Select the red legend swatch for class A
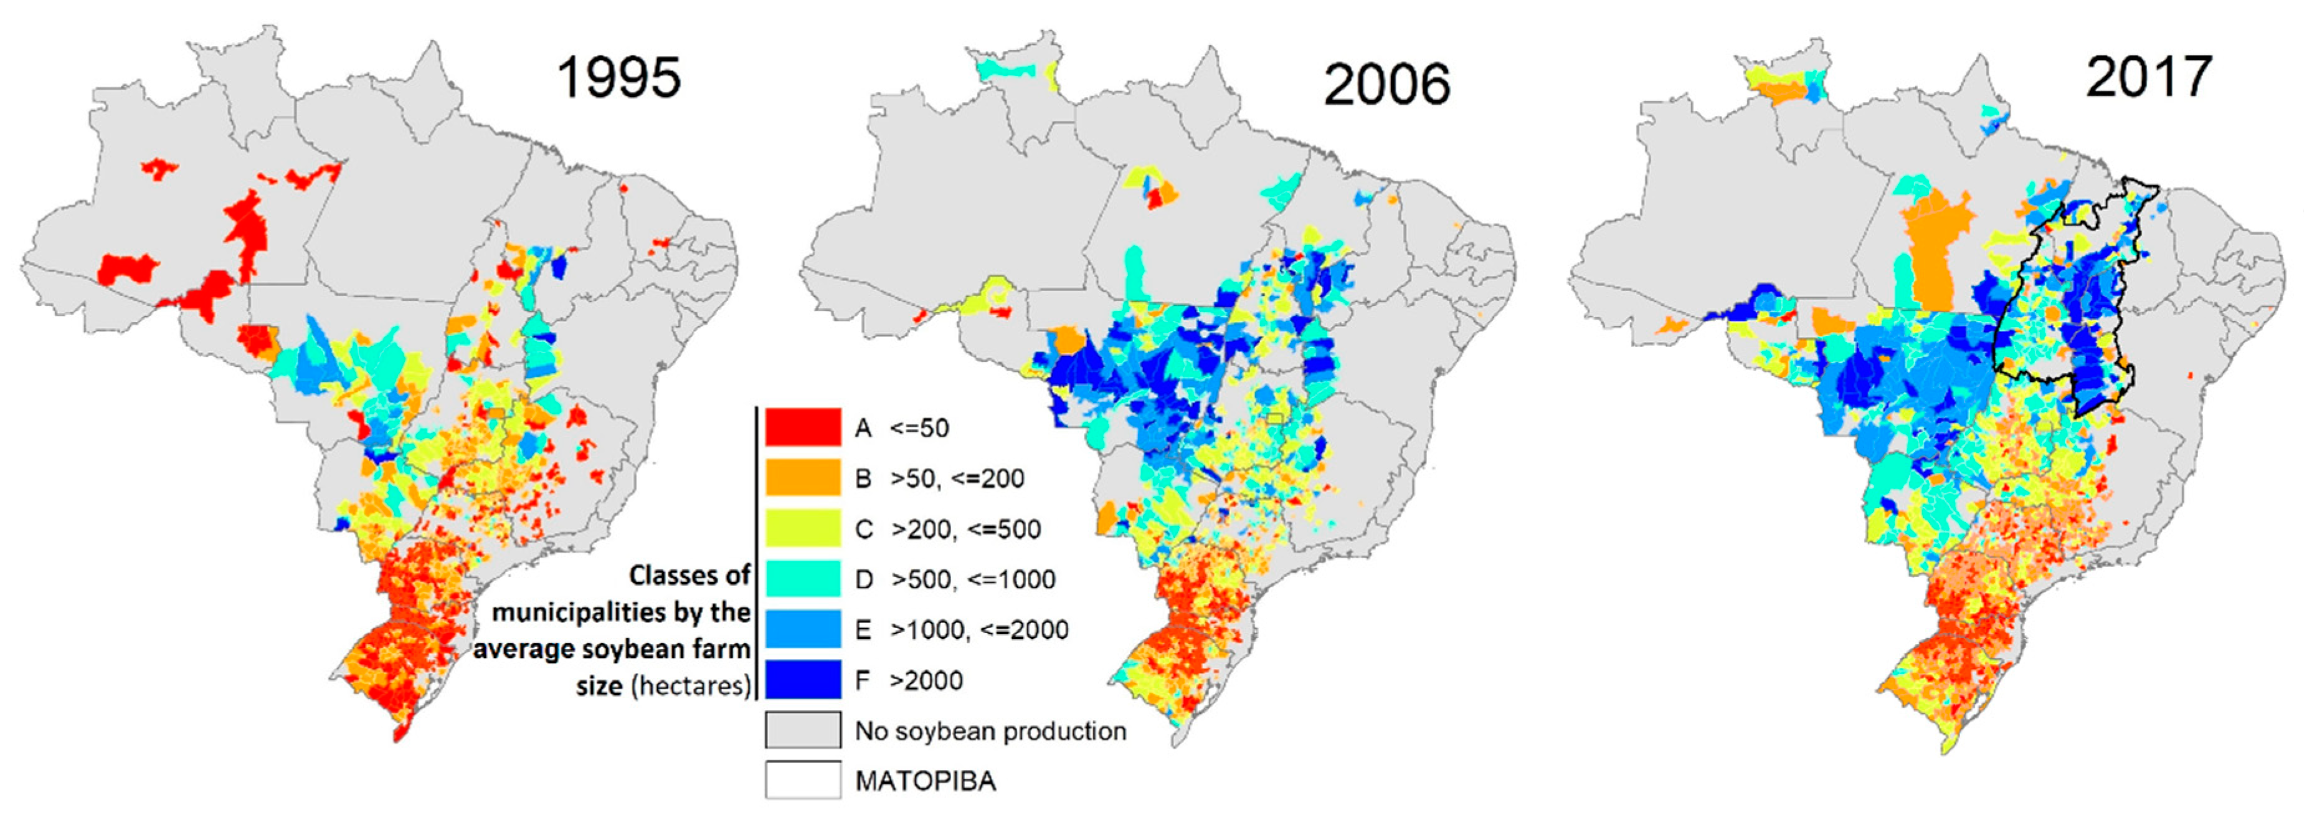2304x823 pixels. (802, 427)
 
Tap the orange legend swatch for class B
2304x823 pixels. (802, 478)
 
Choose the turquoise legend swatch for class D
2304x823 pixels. (802, 579)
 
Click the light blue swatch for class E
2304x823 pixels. (802, 629)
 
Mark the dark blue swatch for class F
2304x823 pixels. (802, 680)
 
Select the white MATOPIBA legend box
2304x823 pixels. (802, 780)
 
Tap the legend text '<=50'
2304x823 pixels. (919, 429)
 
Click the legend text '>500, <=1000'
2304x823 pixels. (972, 579)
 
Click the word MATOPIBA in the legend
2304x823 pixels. (925, 781)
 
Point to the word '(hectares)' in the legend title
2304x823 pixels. (691, 686)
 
